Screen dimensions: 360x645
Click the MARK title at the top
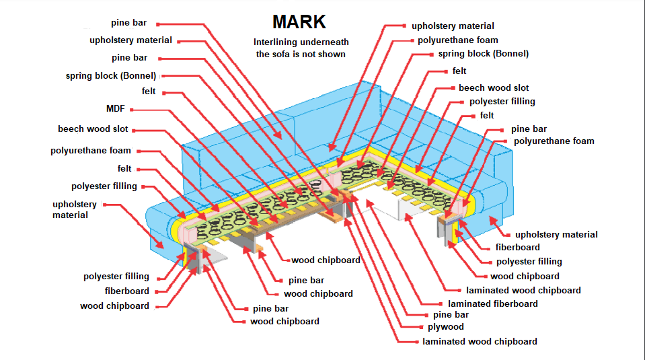pos(299,22)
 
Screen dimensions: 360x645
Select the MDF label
pos(116,108)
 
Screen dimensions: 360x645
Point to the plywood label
pos(446,327)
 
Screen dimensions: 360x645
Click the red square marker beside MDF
pos(132,108)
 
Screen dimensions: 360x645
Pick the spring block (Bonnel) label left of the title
pos(111,76)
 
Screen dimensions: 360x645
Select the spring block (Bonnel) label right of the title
pos(484,54)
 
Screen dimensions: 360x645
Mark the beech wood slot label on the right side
pos(494,88)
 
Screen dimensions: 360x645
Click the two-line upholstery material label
pos(75,209)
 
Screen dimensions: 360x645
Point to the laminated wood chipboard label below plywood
pos(480,341)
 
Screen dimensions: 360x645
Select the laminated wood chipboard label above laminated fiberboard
pos(523,290)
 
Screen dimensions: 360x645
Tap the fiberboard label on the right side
pos(517,248)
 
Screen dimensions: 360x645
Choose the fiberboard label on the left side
pos(127,291)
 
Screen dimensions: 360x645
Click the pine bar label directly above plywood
pos(451,314)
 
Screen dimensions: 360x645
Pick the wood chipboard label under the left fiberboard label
pos(114,306)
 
